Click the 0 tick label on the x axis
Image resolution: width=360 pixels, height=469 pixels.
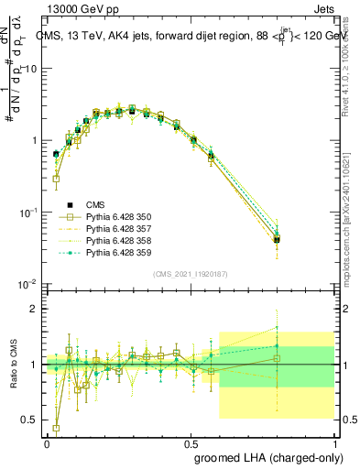tap(47, 442)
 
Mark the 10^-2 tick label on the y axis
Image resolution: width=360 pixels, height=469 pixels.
tap(27, 284)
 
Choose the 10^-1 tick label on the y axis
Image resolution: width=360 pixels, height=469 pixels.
tap(27, 213)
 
